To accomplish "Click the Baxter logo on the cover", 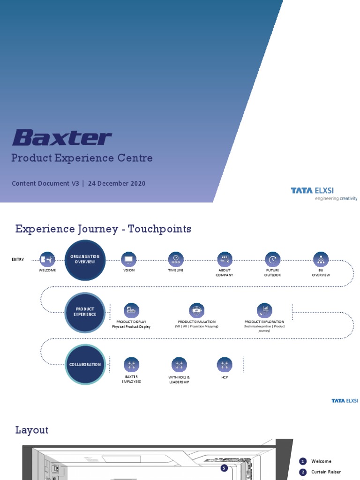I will (x=61, y=138).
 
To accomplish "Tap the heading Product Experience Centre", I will (x=82, y=158).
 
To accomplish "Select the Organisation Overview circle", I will (x=85, y=259).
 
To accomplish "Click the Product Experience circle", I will (x=85, y=312).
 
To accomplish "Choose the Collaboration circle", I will (x=85, y=364).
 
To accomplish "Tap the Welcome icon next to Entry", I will (x=47, y=259).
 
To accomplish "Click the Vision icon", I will (x=129, y=259).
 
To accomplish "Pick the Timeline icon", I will (x=176, y=259).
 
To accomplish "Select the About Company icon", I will (x=225, y=259).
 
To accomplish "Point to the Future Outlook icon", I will (x=272, y=259).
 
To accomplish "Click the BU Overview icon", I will (x=321, y=259).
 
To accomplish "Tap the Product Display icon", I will (x=131, y=310).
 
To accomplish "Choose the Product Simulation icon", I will (x=196, y=310).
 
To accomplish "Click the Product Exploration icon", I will (x=264, y=310).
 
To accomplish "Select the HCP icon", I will (x=225, y=365).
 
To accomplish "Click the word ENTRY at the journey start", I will (x=18, y=259).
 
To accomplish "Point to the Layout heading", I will (x=32, y=430).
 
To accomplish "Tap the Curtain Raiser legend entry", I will (x=326, y=472).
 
